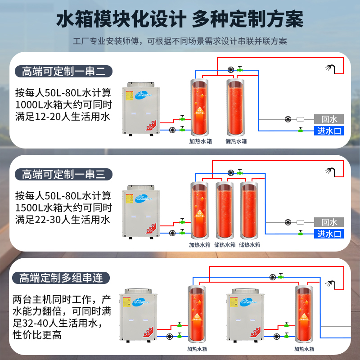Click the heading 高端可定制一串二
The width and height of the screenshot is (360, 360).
point(63,71)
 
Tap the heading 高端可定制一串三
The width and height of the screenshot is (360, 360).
point(63,174)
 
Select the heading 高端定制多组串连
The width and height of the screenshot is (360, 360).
point(61,278)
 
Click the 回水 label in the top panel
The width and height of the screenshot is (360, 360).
point(329,119)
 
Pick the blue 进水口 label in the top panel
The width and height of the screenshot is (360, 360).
point(329,131)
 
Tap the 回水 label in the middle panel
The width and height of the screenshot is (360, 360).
point(329,222)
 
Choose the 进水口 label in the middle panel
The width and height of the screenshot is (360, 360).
point(329,234)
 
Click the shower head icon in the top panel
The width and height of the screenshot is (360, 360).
point(329,68)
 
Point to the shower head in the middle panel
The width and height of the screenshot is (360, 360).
point(329,171)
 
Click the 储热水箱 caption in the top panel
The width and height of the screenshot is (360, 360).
point(236,141)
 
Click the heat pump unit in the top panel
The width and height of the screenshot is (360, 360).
point(141,108)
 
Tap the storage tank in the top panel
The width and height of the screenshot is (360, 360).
point(236,107)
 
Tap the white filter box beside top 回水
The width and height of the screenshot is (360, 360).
point(301,119)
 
